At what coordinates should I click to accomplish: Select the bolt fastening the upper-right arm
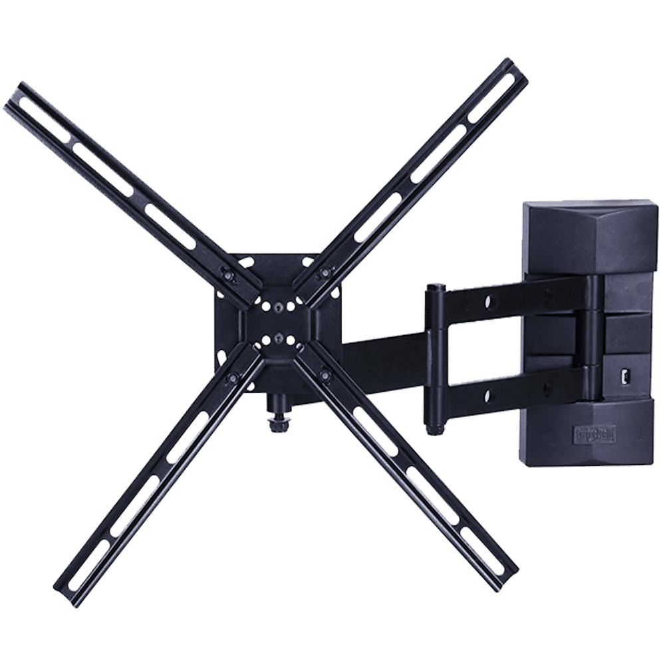tap(324, 273)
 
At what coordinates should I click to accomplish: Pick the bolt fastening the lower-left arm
tap(232, 377)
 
